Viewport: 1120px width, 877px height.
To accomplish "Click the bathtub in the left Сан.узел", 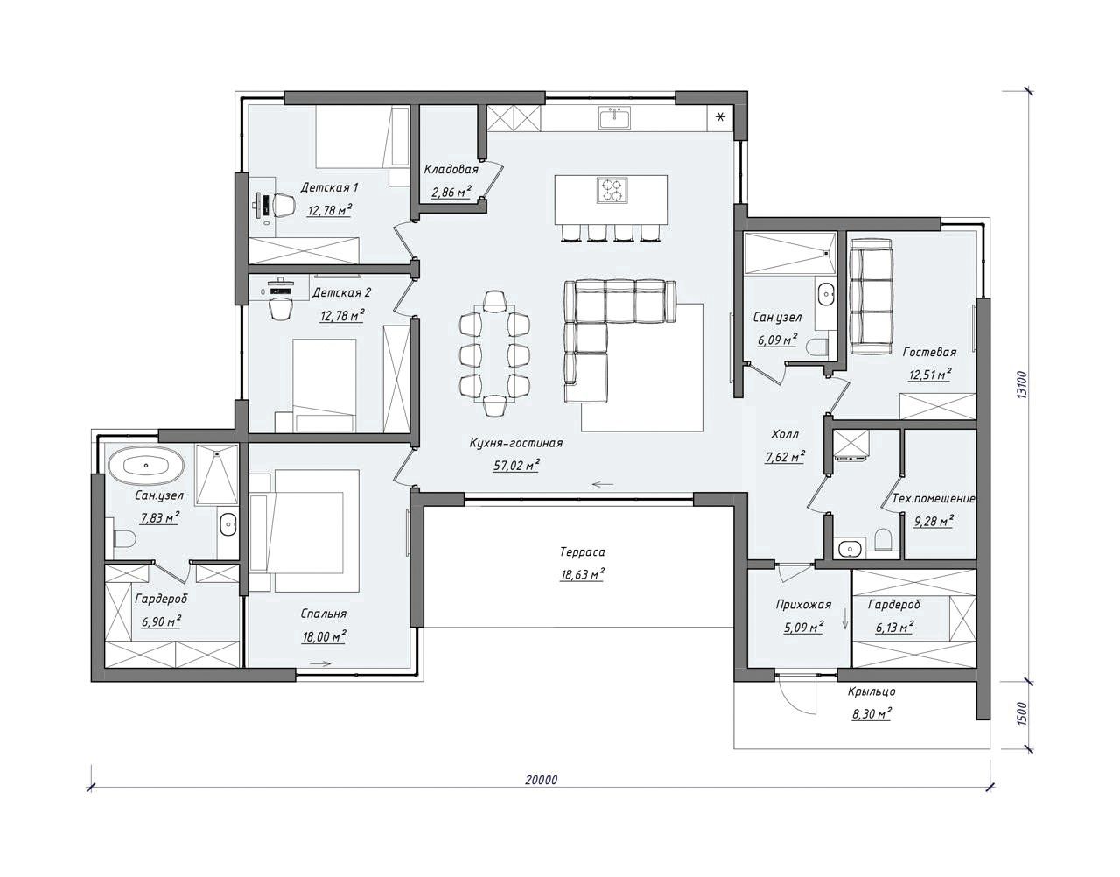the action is click(x=146, y=465).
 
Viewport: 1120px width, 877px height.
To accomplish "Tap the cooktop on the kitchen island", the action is click(x=612, y=190).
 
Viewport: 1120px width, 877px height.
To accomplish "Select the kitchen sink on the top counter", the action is click(x=615, y=117).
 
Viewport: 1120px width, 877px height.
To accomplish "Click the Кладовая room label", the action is click(x=451, y=169).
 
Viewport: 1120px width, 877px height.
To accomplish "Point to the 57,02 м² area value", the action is click(x=516, y=465).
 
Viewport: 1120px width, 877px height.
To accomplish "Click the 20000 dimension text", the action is click(x=541, y=780).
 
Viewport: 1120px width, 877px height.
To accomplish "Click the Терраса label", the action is click(x=583, y=552).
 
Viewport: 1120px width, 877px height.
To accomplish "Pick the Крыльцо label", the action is click(x=871, y=692).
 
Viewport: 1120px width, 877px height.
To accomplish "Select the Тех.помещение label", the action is click(x=934, y=499).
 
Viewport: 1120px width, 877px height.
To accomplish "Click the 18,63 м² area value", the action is click(x=583, y=574).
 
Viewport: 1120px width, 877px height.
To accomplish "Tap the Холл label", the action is click(x=785, y=434).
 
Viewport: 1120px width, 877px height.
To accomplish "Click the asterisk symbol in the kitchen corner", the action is click(x=720, y=117).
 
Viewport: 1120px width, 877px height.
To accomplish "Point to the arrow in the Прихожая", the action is click(x=844, y=618).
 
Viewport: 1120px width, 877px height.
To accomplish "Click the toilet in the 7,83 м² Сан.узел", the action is click(x=123, y=539).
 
